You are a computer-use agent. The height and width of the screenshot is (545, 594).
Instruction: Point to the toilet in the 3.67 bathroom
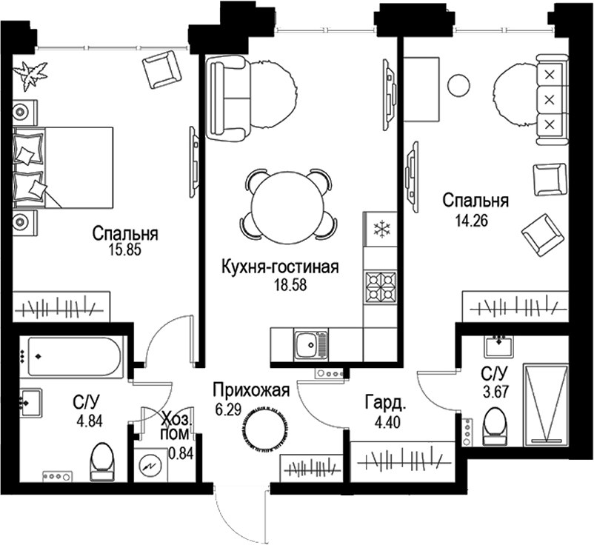tap(493, 427)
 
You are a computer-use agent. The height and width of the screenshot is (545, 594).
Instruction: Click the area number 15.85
tap(124, 250)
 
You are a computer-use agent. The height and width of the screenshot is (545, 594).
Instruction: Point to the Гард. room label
tap(384, 404)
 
